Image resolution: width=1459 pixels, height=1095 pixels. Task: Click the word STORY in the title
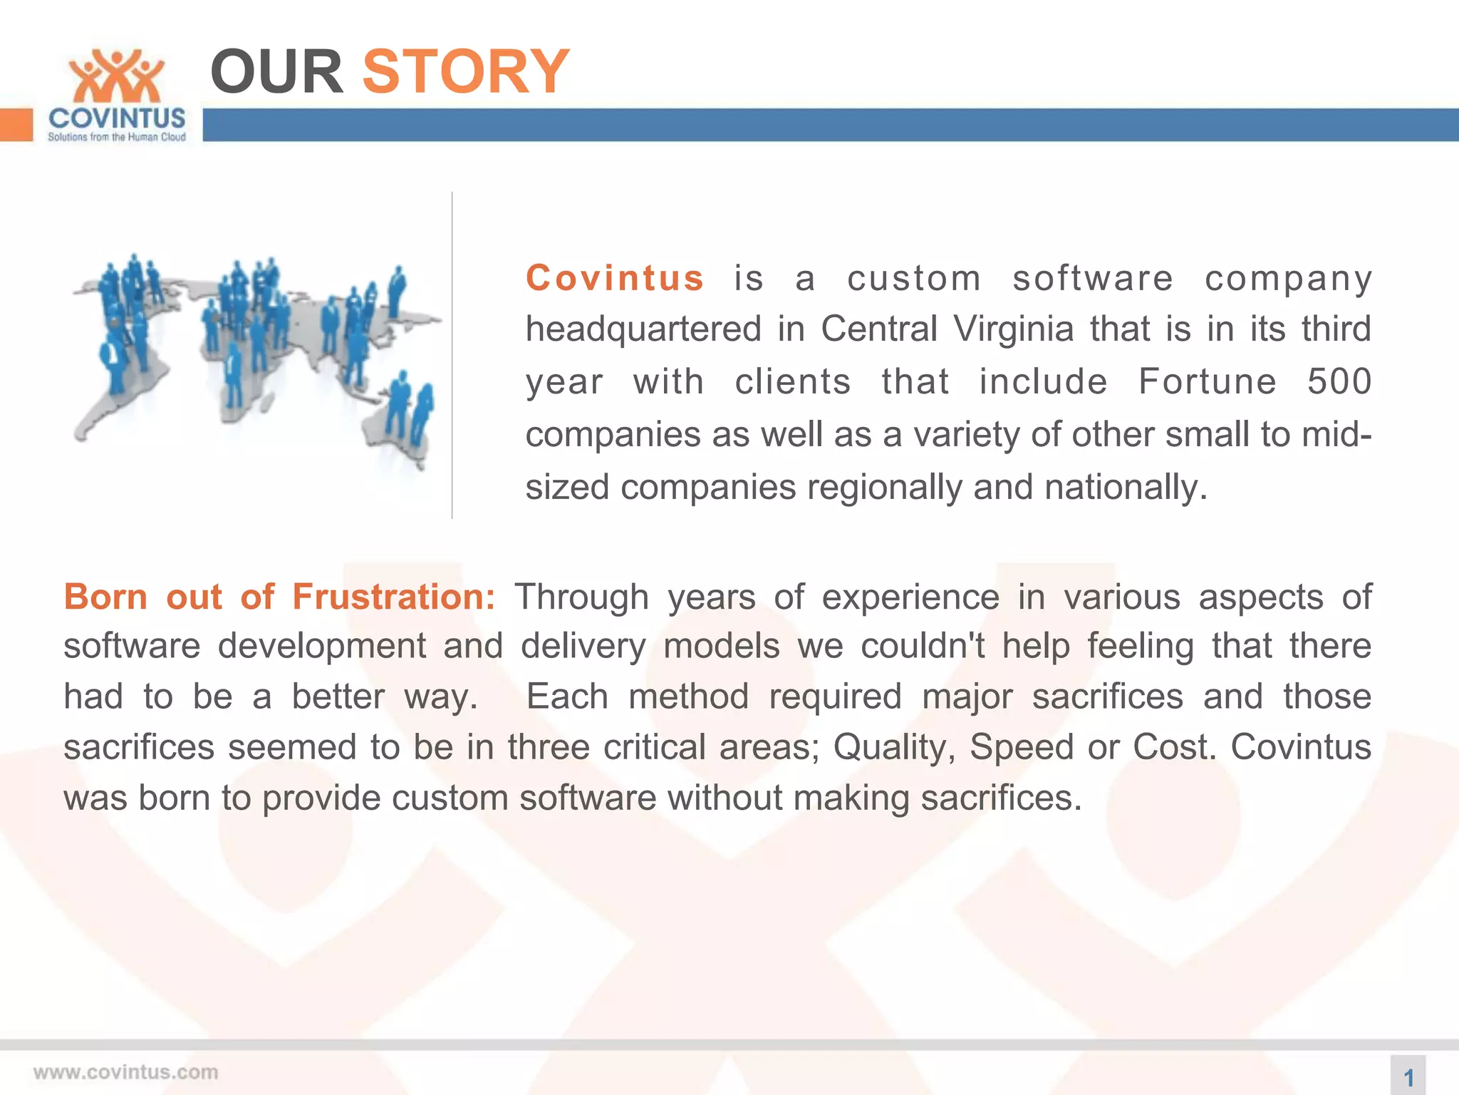[x=466, y=71]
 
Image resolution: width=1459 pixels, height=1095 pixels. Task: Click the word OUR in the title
[x=276, y=71]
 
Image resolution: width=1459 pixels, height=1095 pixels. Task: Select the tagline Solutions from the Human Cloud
[x=117, y=137]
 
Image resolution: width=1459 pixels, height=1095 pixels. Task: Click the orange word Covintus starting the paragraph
[x=615, y=278]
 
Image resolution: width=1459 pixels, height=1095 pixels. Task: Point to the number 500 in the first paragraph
[x=1339, y=381]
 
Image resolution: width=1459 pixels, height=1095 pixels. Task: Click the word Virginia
[x=1013, y=329]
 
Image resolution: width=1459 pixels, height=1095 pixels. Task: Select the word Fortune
[x=1208, y=381]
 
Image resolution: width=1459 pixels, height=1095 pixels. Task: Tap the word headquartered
[x=643, y=329]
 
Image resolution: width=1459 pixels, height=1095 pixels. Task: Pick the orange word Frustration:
[x=393, y=597]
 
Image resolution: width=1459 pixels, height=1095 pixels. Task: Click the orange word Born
[x=105, y=597]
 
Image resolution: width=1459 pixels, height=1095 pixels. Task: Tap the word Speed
[x=1022, y=747]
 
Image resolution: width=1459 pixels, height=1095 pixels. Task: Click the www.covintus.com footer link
[x=125, y=1072]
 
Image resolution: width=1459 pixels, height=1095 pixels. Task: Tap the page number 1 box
[x=1408, y=1076]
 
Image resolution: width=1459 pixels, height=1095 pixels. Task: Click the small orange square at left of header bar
[x=16, y=125]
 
